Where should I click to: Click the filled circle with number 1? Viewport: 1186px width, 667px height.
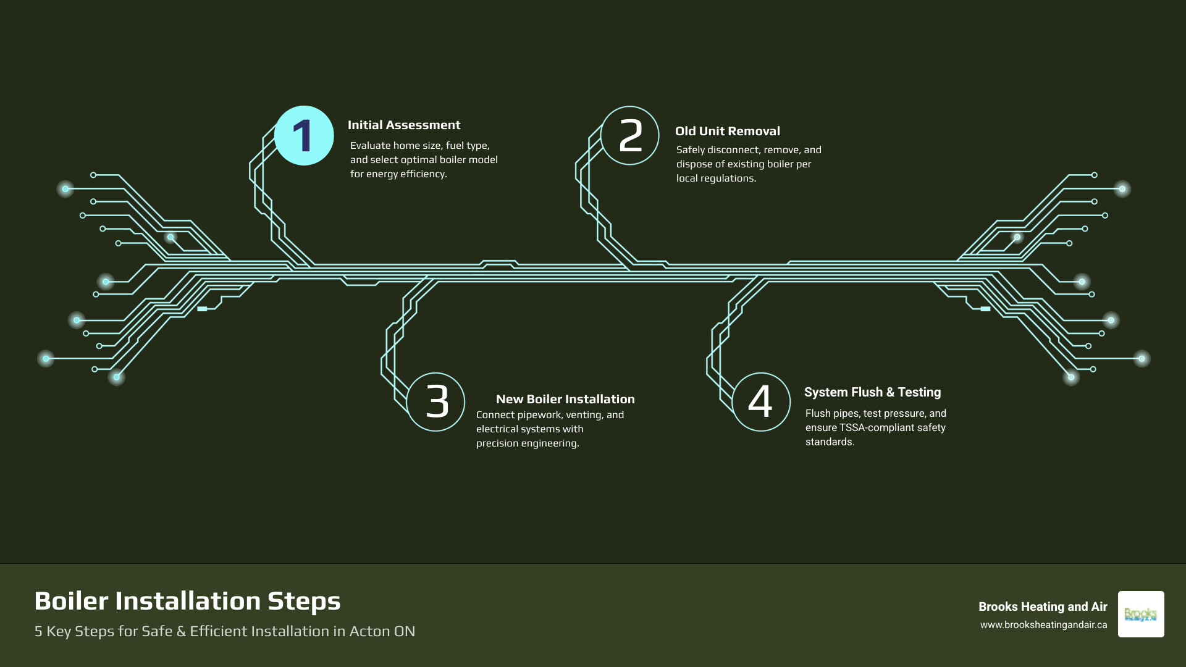pyautogui.click(x=304, y=136)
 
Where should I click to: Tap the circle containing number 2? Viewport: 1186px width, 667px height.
pyautogui.click(x=630, y=136)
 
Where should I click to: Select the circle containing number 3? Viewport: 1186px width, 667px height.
pyautogui.click(x=436, y=402)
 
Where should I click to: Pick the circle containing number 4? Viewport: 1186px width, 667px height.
pyautogui.click(x=761, y=402)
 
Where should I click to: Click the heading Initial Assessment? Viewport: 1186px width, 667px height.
pyautogui.click(x=404, y=125)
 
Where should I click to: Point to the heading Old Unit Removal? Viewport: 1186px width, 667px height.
pyautogui.click(x=727, y=132)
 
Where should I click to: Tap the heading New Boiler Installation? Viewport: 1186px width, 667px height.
pyautogui.click(x=565, y=400)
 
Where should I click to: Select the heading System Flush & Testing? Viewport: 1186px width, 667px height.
pyautogui.click(x=872, y=393)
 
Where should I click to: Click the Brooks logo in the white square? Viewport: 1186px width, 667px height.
pyautogui.click(x=1140, y=615)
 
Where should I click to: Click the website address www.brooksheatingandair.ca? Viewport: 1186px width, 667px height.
pyautogui.click(x=1043, y=625)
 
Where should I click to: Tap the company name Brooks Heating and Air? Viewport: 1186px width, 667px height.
pyautogui.click(x=1043, y=607)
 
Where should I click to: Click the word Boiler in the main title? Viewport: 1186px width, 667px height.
pyautogui.click(x=71, y=602)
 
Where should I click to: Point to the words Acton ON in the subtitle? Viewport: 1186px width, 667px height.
pyautogui.click(x=382, y=631)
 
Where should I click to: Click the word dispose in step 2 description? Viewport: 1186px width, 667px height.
pyautogui.click(x=694, y=164)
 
